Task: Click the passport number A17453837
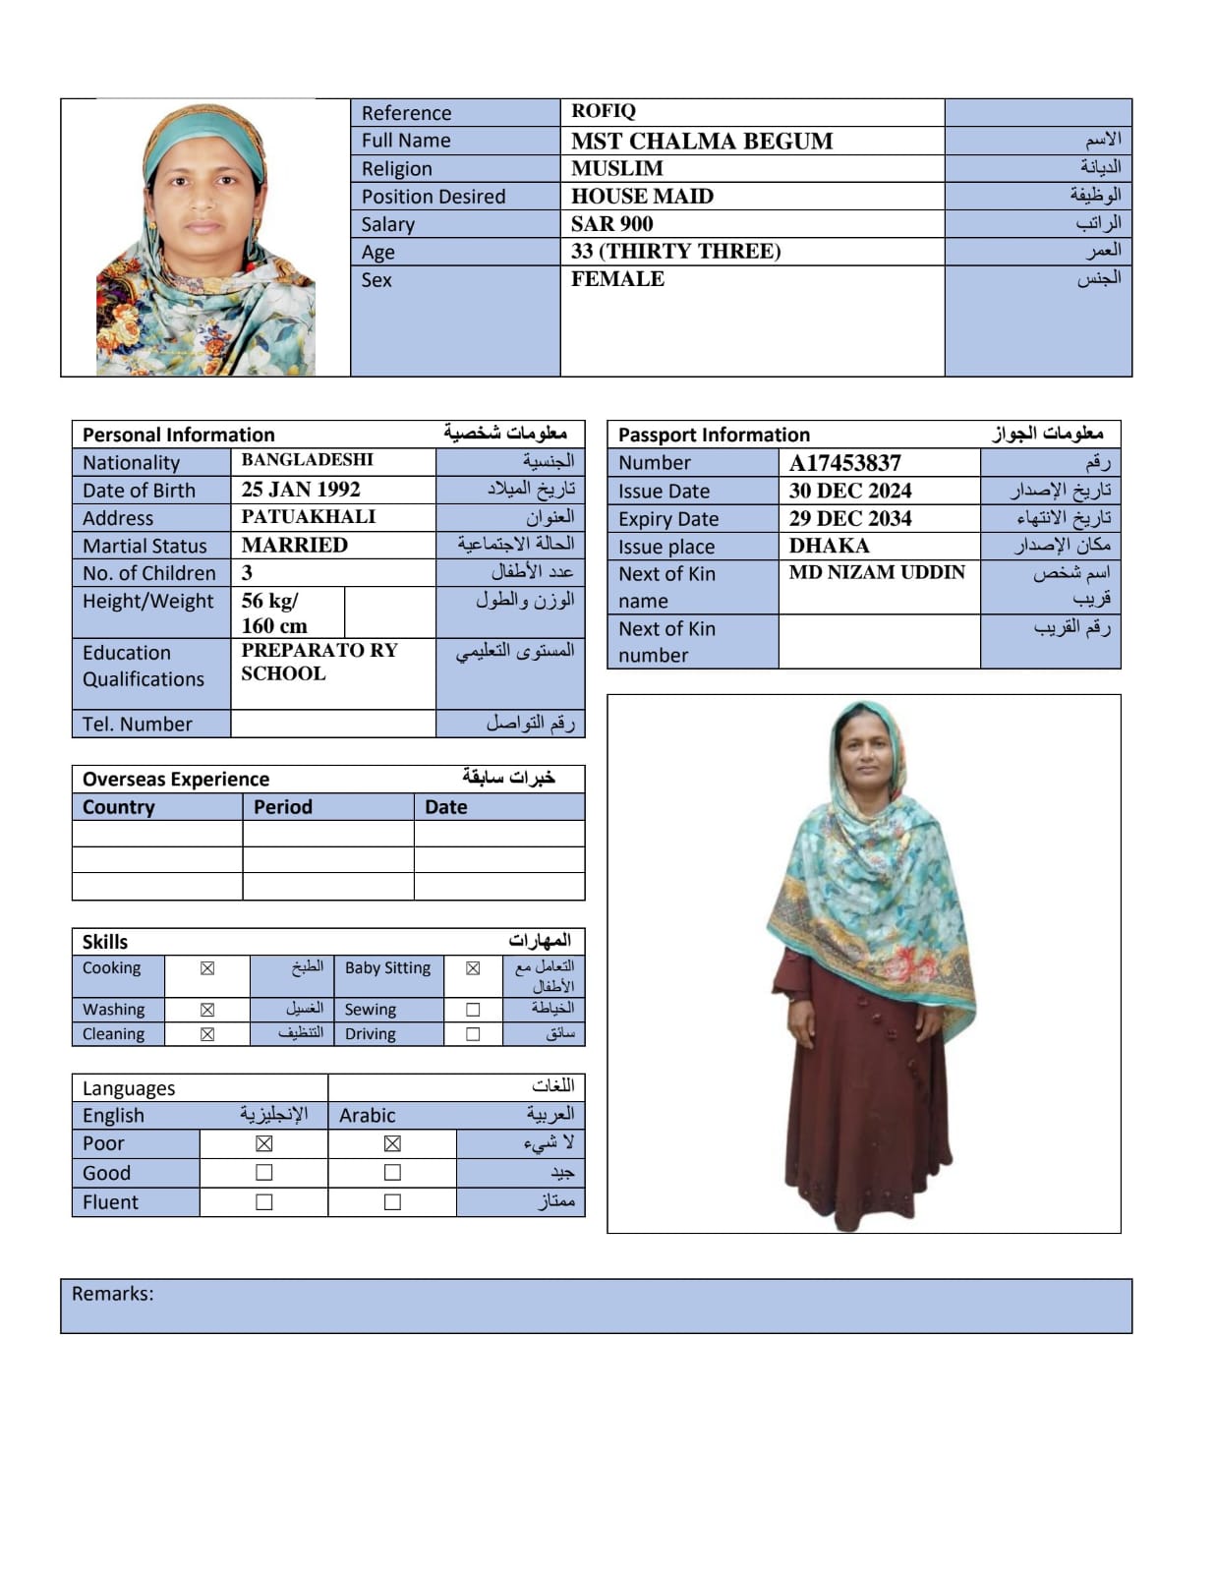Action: tap(844, 463)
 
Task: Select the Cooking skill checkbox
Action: tap(207, 968)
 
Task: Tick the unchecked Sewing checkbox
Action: tap(473, 1010)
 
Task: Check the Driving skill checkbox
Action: tap(473, 1034)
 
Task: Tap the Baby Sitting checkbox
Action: tap(473, 968)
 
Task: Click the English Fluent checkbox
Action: tap(263, 1201)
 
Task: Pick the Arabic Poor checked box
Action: tap(392, 1143)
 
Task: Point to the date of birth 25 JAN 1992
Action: tap(301, 490)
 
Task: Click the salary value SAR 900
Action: tap(611, 223)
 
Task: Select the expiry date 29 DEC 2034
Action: tap(849, 518)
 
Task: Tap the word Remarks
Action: tap(112, 1294)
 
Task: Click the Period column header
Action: tap(283, 807)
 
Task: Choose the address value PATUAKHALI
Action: tap(308, 517)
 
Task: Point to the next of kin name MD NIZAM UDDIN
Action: tap(877, 572)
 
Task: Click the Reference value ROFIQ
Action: tap(604, 111)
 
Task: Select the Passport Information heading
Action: tap(714, 435)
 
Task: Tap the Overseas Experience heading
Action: tap(176, 779)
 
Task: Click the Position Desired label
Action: tap(434, 197)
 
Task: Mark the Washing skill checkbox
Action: tap(207, 1010)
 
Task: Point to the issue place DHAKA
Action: tap(829, 546)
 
